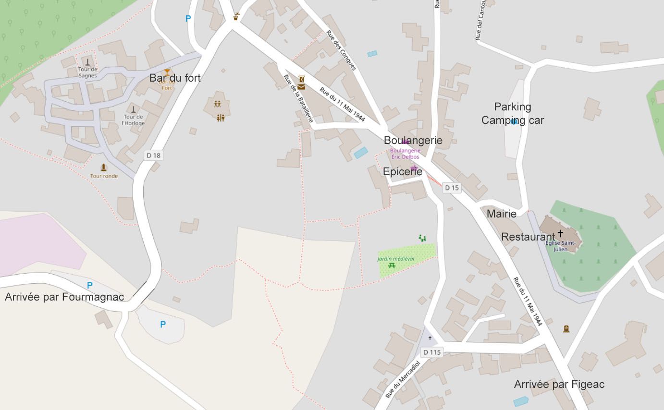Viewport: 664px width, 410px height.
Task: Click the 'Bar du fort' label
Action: [175, 78]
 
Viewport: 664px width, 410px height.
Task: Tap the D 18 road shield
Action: [154, 156]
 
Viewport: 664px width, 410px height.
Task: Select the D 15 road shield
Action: [452, 188]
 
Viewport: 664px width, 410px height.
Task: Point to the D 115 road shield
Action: [432, 352]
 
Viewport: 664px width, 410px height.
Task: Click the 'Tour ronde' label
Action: [104, 176]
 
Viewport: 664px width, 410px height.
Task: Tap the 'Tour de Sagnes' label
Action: [87, 72]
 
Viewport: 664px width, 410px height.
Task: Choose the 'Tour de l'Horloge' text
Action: [133, 120]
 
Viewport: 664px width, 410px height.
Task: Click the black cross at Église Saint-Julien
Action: [560, 234]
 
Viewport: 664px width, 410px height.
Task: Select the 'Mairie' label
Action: [502, 214]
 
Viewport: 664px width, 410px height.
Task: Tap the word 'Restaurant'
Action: [528, 237]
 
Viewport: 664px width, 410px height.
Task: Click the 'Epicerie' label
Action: [403, 171]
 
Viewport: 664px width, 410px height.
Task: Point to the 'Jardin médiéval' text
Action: [395, 259]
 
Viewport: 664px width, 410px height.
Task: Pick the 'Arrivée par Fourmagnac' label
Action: [64, 297]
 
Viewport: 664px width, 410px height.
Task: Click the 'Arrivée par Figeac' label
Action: [559, 384]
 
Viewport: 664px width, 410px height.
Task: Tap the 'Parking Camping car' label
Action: [513, 113]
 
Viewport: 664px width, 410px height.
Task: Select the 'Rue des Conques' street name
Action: [341, 50]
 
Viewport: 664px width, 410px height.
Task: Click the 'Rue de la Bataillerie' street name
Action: [298, 98]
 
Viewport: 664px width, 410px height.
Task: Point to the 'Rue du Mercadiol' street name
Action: [403, 380]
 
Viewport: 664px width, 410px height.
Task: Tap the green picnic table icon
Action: [392, 265]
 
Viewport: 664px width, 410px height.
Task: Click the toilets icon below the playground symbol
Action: [221, 118]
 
